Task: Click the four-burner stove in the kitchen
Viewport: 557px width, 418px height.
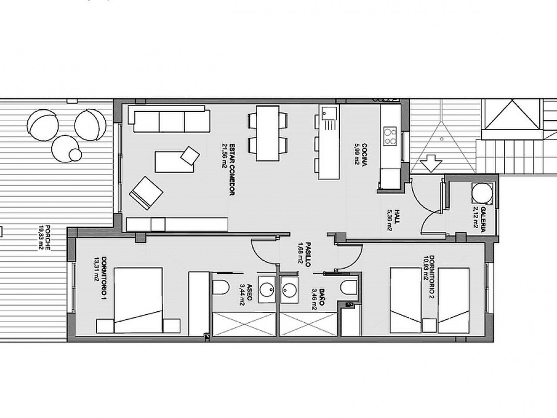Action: [x=390, y=135]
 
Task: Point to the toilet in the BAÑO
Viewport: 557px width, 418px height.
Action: [x=348, y=288]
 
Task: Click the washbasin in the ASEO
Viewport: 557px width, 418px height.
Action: [x=265, y=288]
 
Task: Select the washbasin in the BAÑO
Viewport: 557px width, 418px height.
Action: [x=288, y=288]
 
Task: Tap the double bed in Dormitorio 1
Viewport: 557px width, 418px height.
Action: [x=138, y=300]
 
